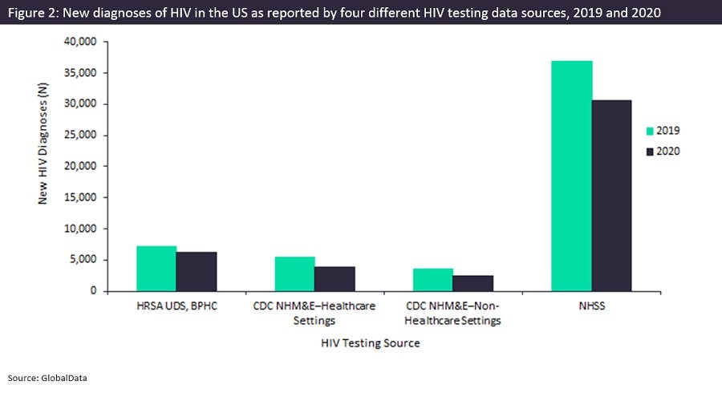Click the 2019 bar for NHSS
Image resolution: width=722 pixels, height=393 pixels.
pos(571,176)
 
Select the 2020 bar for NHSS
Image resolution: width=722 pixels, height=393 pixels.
pos(611,196)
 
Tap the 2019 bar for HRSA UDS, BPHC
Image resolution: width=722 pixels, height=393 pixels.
pos(156,269)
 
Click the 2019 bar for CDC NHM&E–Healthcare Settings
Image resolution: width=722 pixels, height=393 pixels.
pos(294,274)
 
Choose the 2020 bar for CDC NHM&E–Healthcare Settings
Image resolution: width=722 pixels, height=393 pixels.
pos(335,279)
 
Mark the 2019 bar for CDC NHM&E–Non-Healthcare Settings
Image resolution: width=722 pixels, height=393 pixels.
pos(433,280)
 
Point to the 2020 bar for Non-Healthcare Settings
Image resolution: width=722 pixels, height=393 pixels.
pos(473,283)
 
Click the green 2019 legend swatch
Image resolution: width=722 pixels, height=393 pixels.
pos(651,131)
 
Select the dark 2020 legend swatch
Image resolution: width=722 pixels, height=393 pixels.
pos(651,151)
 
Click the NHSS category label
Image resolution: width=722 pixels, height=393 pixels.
pos(592,306)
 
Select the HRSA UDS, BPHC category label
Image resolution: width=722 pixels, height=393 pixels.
pos(177,306)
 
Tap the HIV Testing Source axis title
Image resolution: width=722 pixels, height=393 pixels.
pos(371,342)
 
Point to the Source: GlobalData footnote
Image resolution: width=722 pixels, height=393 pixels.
pos(47,376)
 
